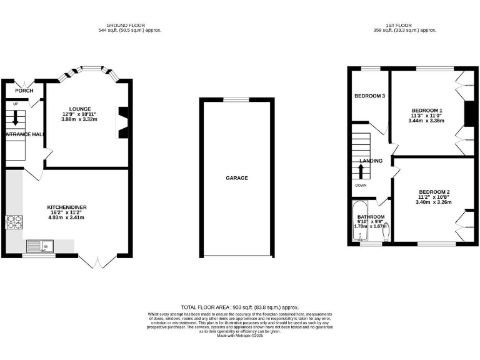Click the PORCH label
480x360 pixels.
coord(24,91)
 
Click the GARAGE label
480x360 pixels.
coord(237,178)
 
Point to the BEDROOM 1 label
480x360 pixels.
coord(426,110)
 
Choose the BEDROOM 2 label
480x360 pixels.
coord(434,192)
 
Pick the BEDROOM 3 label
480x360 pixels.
coord(369,96)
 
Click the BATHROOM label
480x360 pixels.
coord(371,217)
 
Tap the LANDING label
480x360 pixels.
coord(371,161)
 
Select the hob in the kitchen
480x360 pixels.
coord(14,221)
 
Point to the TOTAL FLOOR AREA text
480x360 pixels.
coord(240,307)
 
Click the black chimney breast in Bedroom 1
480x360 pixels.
coord(467,113)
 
